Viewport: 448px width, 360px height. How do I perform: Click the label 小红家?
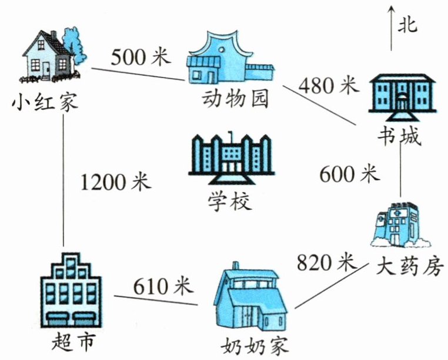click(45, 102)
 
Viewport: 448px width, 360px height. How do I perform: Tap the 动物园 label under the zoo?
click(235, 99)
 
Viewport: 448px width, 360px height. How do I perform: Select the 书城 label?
click(399, 136)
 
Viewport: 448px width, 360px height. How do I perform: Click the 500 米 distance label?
click(141, 57)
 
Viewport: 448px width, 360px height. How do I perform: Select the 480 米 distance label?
click(328, 85)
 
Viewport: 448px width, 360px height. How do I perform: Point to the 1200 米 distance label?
click(115, 181)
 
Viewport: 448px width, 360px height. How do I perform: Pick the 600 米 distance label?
click(349, 174)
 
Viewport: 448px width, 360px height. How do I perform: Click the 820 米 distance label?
click(327, 262)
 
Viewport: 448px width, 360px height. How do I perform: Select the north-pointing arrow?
click(392, 29)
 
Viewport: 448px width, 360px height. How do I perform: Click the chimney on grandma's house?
click(235, 266)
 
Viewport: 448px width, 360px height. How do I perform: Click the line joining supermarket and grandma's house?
click(156, 300)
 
